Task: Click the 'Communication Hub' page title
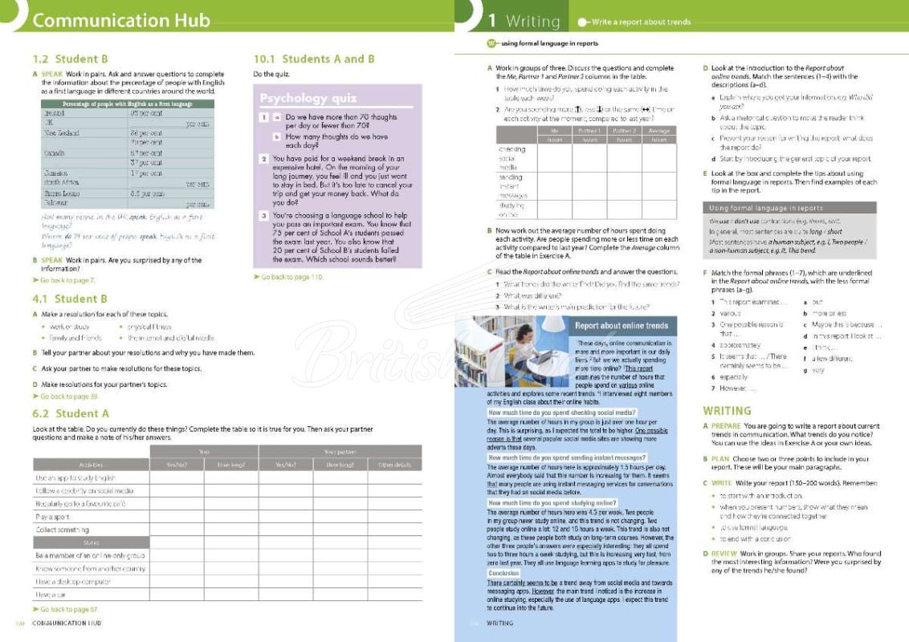click(x=122, y=21)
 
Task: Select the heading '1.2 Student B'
click(x=70, y=59)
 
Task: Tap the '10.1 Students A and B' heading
click(x=314, y=59)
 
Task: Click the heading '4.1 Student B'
click(x=70, y=299)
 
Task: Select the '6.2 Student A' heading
click(x=71, y=413)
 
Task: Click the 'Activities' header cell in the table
click(x=91, y=465)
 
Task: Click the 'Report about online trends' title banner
click(x=621, y=326)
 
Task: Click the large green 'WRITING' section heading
click(x=727, y=411)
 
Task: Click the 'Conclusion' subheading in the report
click(x=504, y=573)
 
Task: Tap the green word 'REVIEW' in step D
click(x=725, y=554)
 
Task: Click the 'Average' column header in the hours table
click(x=658, y=130)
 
